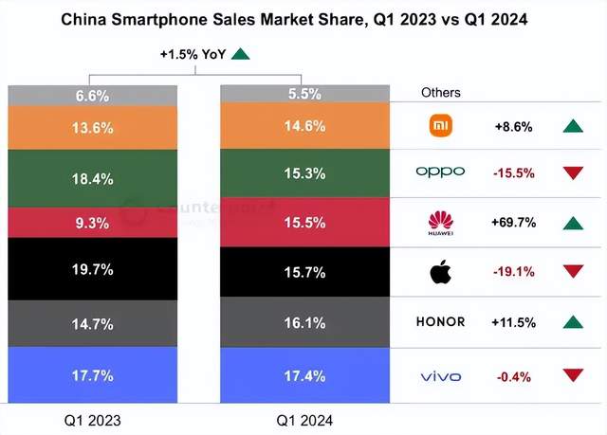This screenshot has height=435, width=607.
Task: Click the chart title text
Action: (x=303, y=19)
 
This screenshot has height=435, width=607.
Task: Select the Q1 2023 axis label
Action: (x=91, y=417)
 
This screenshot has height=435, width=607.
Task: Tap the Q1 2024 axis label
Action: (x=303, y=417)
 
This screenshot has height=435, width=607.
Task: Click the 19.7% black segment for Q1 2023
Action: (x=91, y=269)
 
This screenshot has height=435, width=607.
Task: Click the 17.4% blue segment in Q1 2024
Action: (x=303, y=377)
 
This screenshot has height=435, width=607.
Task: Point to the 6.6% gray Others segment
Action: (x=91, y=95)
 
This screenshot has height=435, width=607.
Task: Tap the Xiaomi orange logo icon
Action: (x=440, y=126)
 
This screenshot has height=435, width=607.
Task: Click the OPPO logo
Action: (x=440, y=172)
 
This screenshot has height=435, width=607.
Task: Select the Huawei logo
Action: (x=440, y=223)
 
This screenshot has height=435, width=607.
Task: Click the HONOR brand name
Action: (x=440, y=322)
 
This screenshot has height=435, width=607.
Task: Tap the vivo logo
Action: (x=440, y=377)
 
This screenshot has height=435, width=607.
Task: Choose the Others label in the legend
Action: (x=440, y=93)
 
